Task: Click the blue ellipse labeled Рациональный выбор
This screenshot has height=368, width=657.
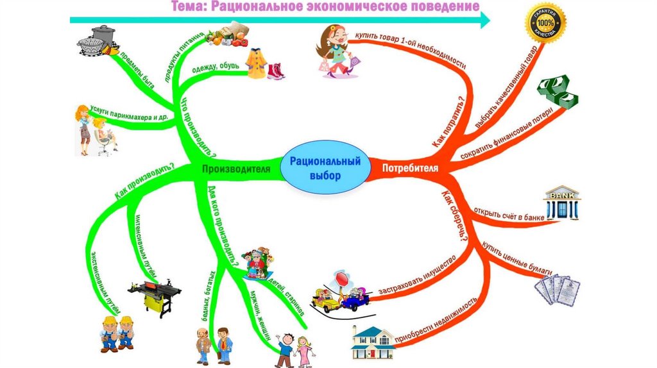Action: [x=325, y=168]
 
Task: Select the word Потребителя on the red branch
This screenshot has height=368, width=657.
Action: [x=411, y=169]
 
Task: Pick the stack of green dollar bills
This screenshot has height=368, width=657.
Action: [x=558, y=94]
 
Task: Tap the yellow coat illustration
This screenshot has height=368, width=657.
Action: [x=255, y=63]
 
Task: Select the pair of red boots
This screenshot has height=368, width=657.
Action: [x=276, y=70]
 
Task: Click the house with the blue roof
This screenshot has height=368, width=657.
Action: [x=372, y=342]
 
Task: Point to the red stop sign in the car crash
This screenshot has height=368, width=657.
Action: [x=342, y=279]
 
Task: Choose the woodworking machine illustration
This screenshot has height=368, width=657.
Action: [x=151, y=296]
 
